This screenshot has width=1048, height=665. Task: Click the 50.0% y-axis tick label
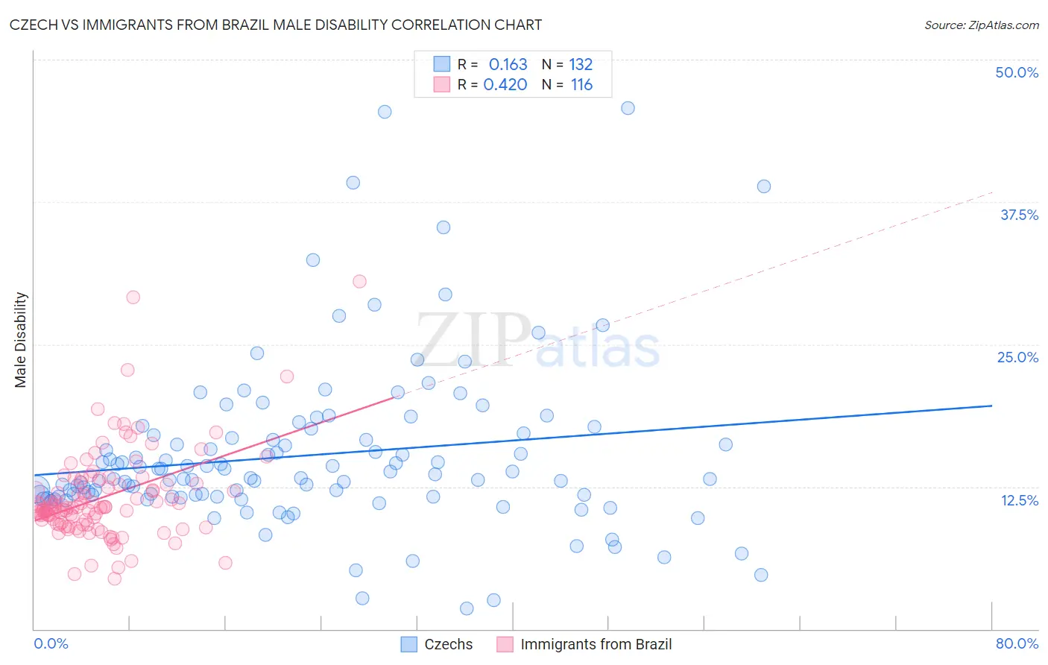coord(1017,72)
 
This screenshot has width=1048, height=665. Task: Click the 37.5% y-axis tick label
coord(1019,215)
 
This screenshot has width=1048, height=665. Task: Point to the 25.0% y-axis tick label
coord(1017,357)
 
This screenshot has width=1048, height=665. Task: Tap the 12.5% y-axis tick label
coord(1019,500)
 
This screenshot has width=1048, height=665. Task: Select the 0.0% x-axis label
coord(51,643)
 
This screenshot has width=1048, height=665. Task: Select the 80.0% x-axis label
coord(1017,643)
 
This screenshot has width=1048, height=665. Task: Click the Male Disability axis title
coord(21,339)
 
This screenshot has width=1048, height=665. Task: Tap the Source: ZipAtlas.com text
coord(981,25)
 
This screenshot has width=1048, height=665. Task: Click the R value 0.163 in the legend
coord(508,65)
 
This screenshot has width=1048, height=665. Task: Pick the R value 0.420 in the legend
coord(505,85)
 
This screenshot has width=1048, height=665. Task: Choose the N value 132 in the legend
coord(581,65)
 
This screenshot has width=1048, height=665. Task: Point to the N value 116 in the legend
coord(581,85)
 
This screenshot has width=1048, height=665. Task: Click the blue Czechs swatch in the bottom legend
coord(408,644)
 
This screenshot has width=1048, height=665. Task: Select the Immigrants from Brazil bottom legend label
coord(596,644)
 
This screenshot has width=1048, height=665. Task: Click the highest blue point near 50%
coord(628,108)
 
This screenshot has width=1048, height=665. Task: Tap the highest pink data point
coord(359,281)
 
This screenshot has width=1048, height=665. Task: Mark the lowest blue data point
coord(467,608)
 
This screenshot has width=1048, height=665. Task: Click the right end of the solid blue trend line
coord(991,406)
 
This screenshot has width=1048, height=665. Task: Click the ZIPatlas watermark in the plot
coord(537,341)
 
